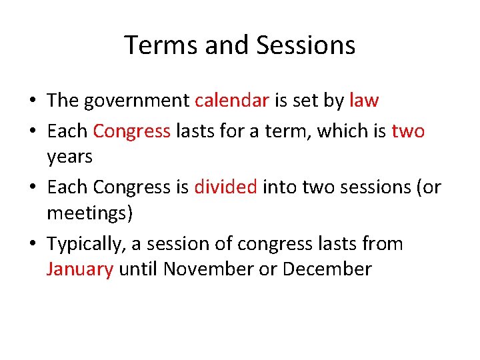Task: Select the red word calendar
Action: (x=232, y=101)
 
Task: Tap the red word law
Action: (x=364, y=101)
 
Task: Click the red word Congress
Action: (x=131, y=131)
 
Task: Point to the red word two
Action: (x=408, y=131)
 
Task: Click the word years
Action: (x=69, y=157)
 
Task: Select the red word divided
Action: (x=225, y=187)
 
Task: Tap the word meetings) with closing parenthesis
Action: (x=90, y=213)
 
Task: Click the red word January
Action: (x=80, y=269)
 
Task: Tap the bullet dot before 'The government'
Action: (x=32, y=101)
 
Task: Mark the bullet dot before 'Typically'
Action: (x=32, y=244)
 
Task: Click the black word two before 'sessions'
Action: (x=318, y=187)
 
